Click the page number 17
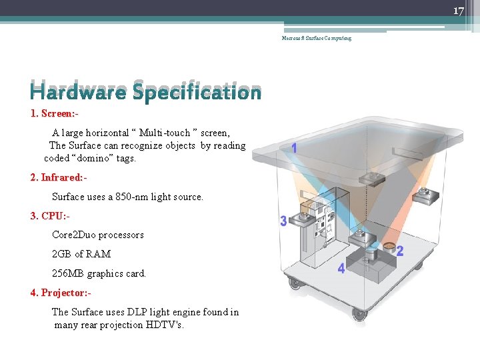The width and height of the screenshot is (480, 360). tap(458, 11)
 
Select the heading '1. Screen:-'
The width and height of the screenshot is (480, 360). tap(59, 113)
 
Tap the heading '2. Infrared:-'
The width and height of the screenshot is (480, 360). tap(59, 177)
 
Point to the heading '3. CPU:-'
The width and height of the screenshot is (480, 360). tap(50, 216)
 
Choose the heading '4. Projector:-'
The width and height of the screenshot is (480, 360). tap(61, 293)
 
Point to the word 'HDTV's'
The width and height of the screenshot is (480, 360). tap(164, 325)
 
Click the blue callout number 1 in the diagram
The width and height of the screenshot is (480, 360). tap(294, 149)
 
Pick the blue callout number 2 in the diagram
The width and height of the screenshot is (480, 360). tap(400, 251)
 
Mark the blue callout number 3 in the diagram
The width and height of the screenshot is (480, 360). tap(283, 221)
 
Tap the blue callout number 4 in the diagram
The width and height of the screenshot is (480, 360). tap(341, 269)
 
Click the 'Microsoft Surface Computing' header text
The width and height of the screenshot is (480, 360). tap(316, 38)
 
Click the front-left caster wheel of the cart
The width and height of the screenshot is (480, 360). tap(294, 282)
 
